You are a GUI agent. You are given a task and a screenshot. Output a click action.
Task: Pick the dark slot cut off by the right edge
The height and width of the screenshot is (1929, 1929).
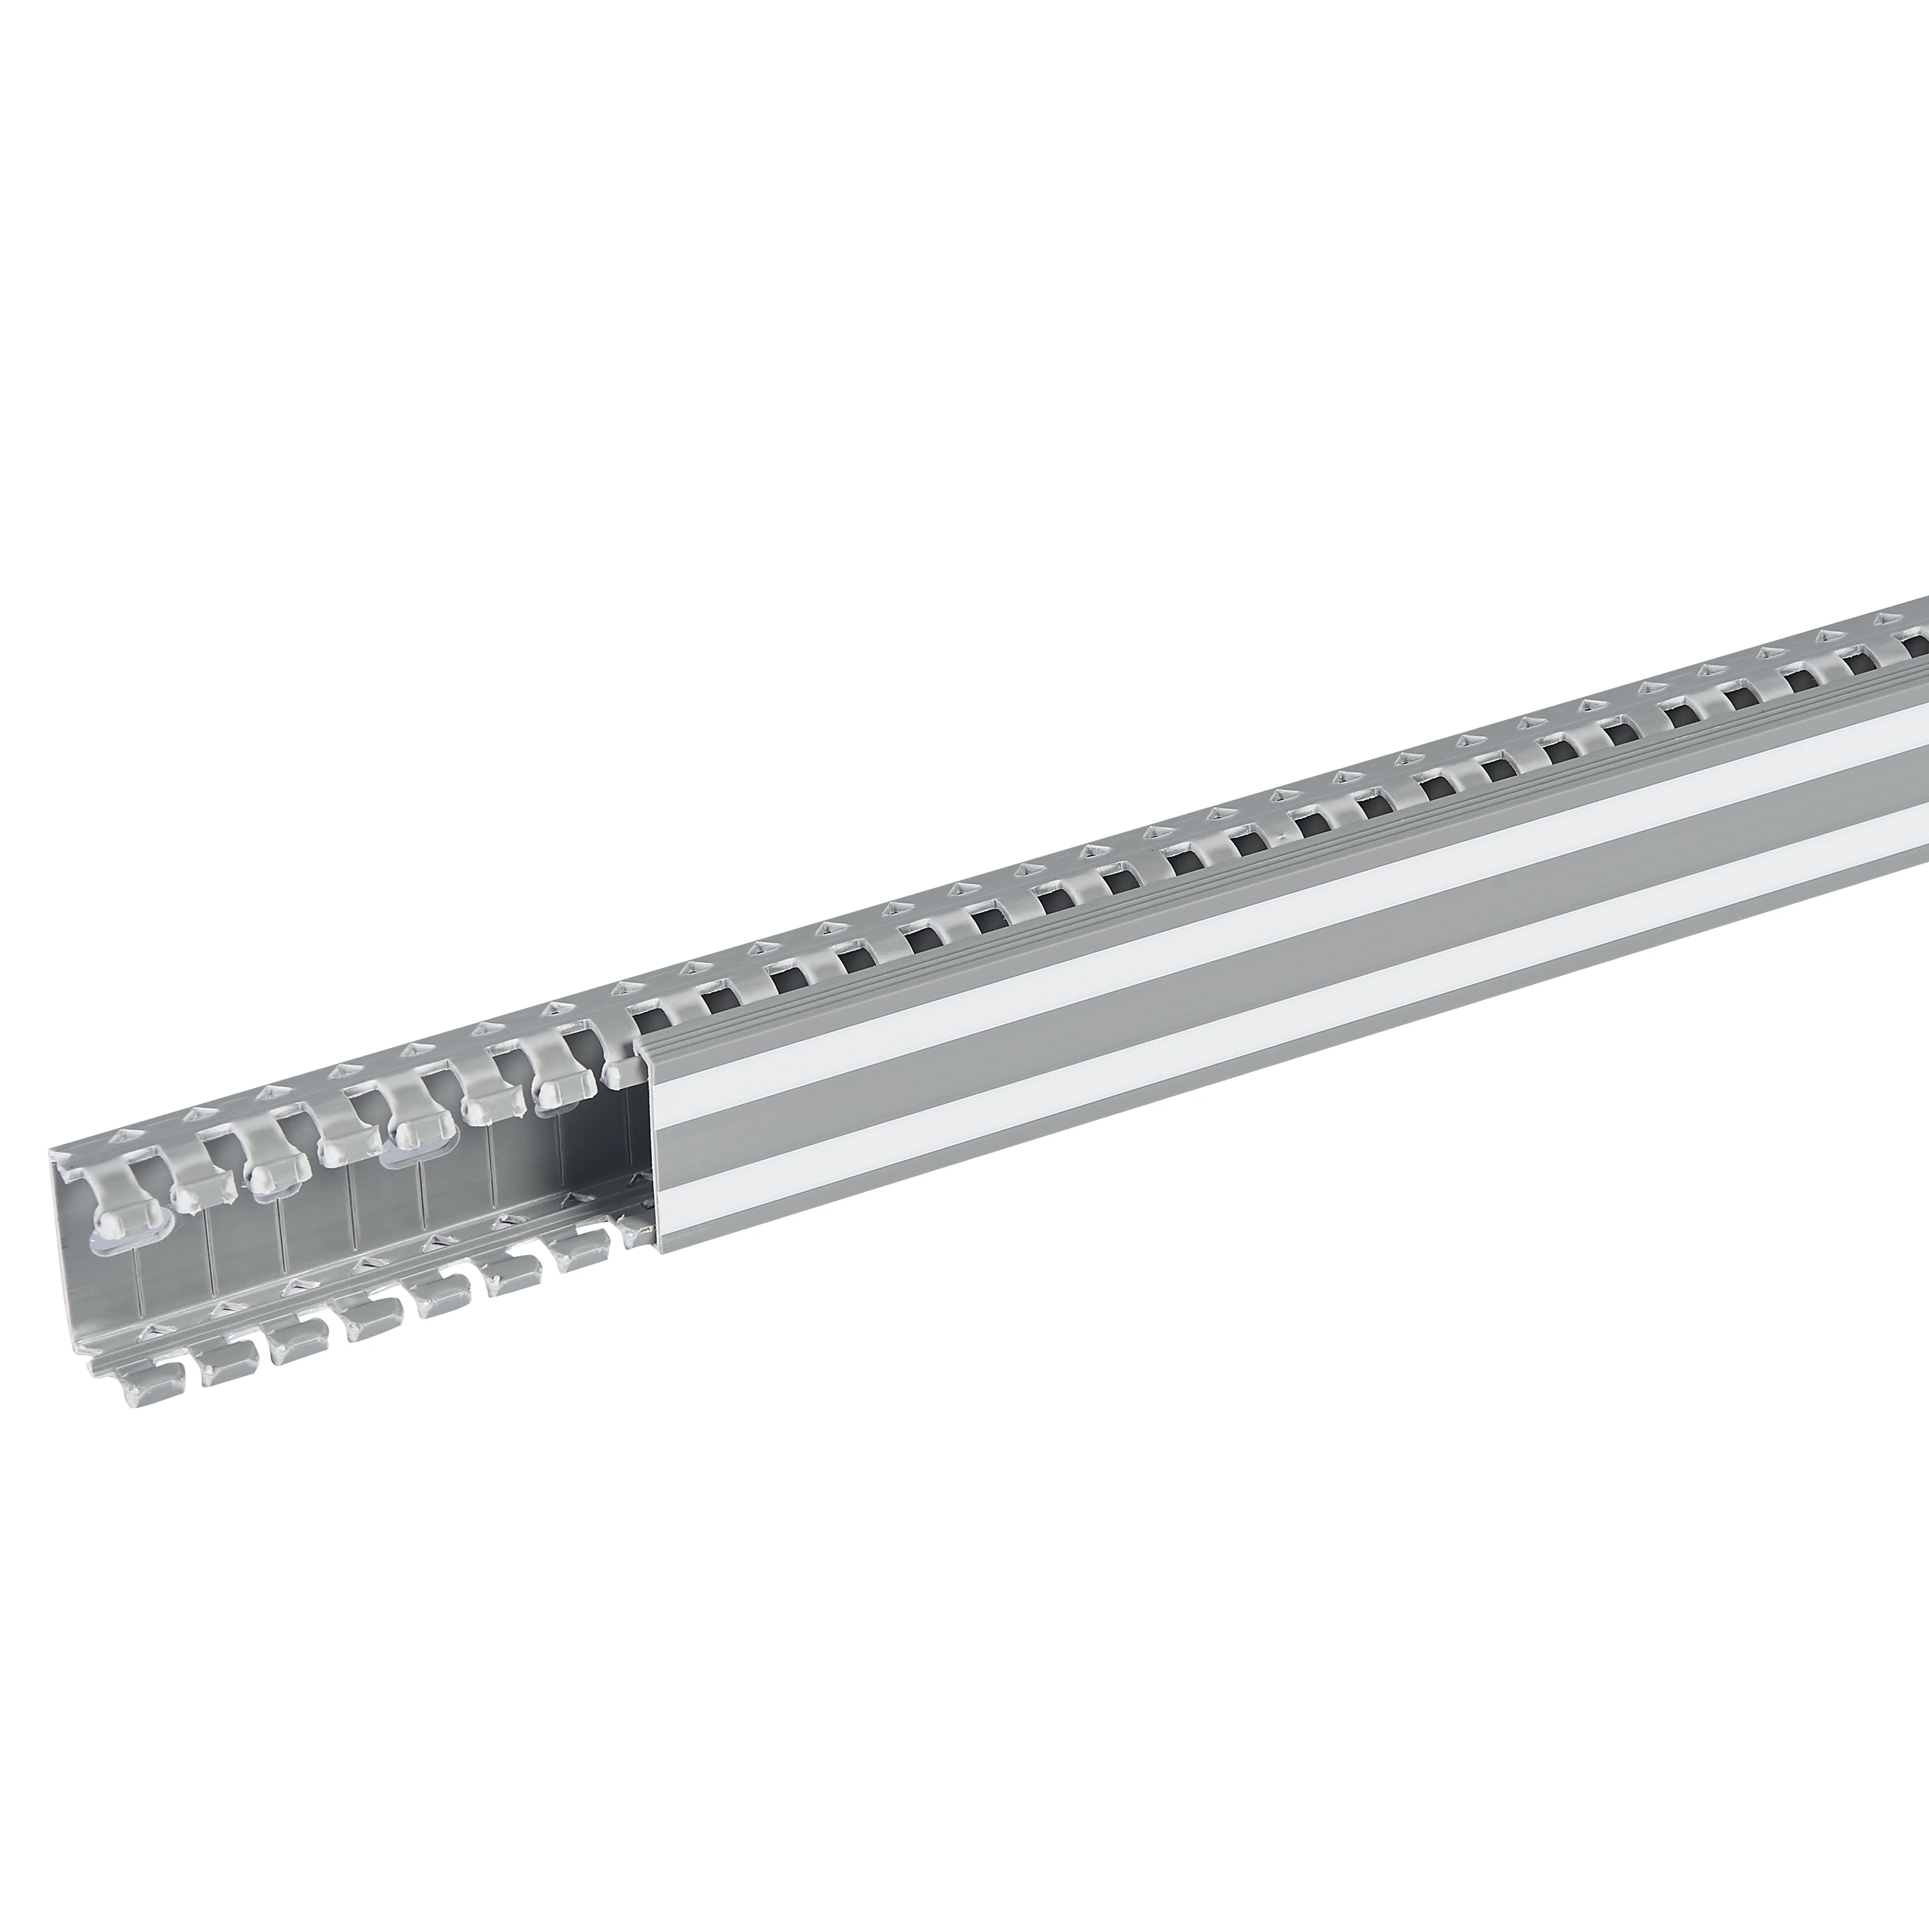[x=1917, y=646]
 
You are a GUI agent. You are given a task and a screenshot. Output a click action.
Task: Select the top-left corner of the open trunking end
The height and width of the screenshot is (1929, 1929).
[x=52, y=1151]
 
